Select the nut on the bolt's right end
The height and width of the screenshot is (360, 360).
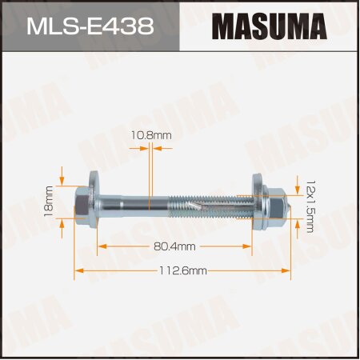(x=274, y=206)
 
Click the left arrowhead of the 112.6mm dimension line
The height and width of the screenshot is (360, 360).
(x=78, y=271)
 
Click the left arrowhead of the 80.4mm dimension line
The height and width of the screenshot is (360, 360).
(x=98, y=247)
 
